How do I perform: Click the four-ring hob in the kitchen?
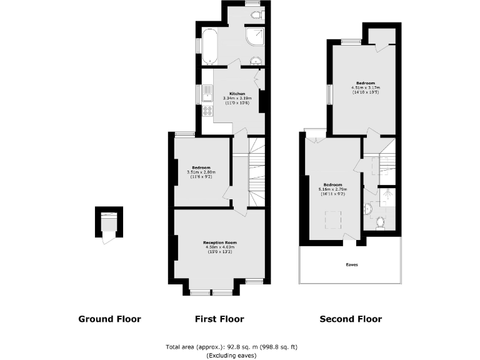coord(207,111)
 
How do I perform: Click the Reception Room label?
coord(220,242)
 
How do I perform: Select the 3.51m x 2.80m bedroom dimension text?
coord(201,172)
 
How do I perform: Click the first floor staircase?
coord(257,172)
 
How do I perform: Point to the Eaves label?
coord(352,264)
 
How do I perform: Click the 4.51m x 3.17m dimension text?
coord(366,87)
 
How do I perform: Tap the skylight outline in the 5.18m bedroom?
coord(332,220)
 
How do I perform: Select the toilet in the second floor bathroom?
coord(379,221)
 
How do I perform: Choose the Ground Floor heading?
coord(109,319)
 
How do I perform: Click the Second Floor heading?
coord(351,319)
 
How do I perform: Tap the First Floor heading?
coord(219,319)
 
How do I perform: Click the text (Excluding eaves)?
coord(231,355)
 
